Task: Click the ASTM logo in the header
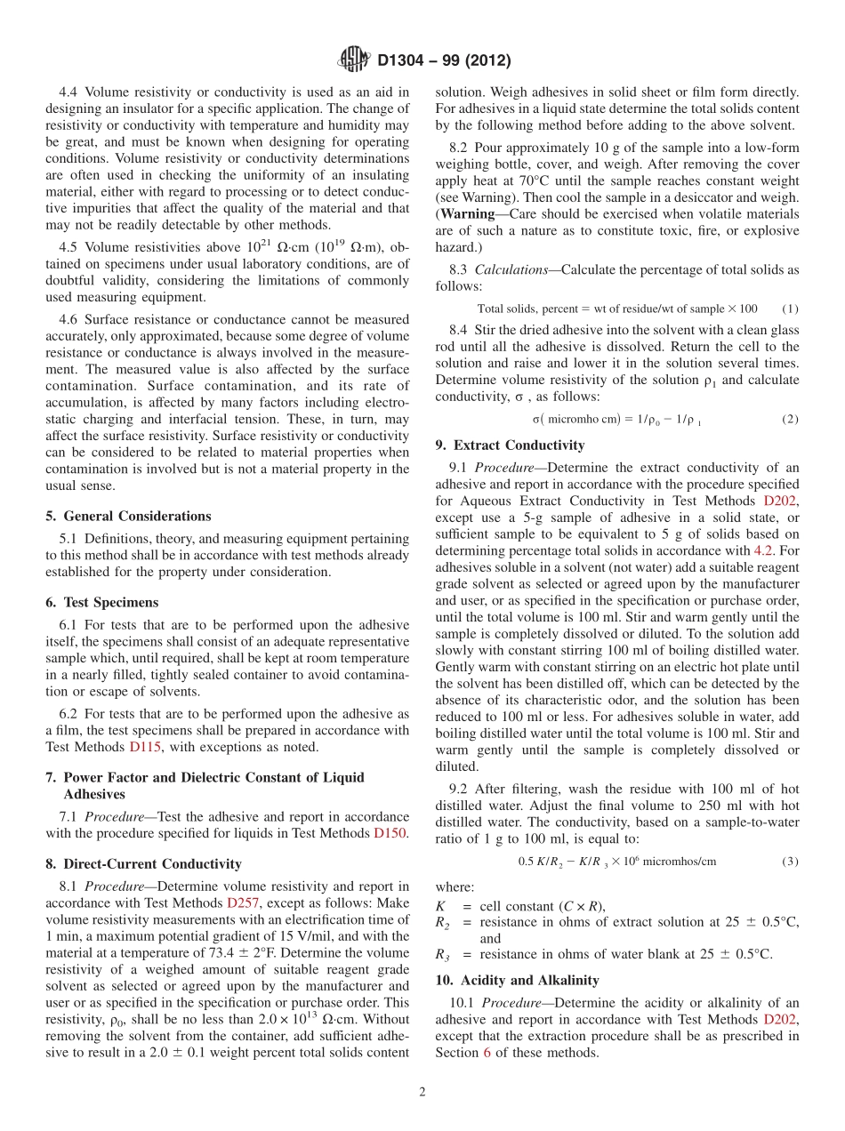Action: [x=354, y=60]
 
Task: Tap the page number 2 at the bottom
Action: [x=422, y=1092]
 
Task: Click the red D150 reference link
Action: [x=390, y=833]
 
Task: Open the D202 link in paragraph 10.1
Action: [x=780, y=1019]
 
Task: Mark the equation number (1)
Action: [x=790, y=309]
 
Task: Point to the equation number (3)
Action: [x=790, y=862]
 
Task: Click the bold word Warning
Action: [x=468, y=214]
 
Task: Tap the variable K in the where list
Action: [x=440, y=906]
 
